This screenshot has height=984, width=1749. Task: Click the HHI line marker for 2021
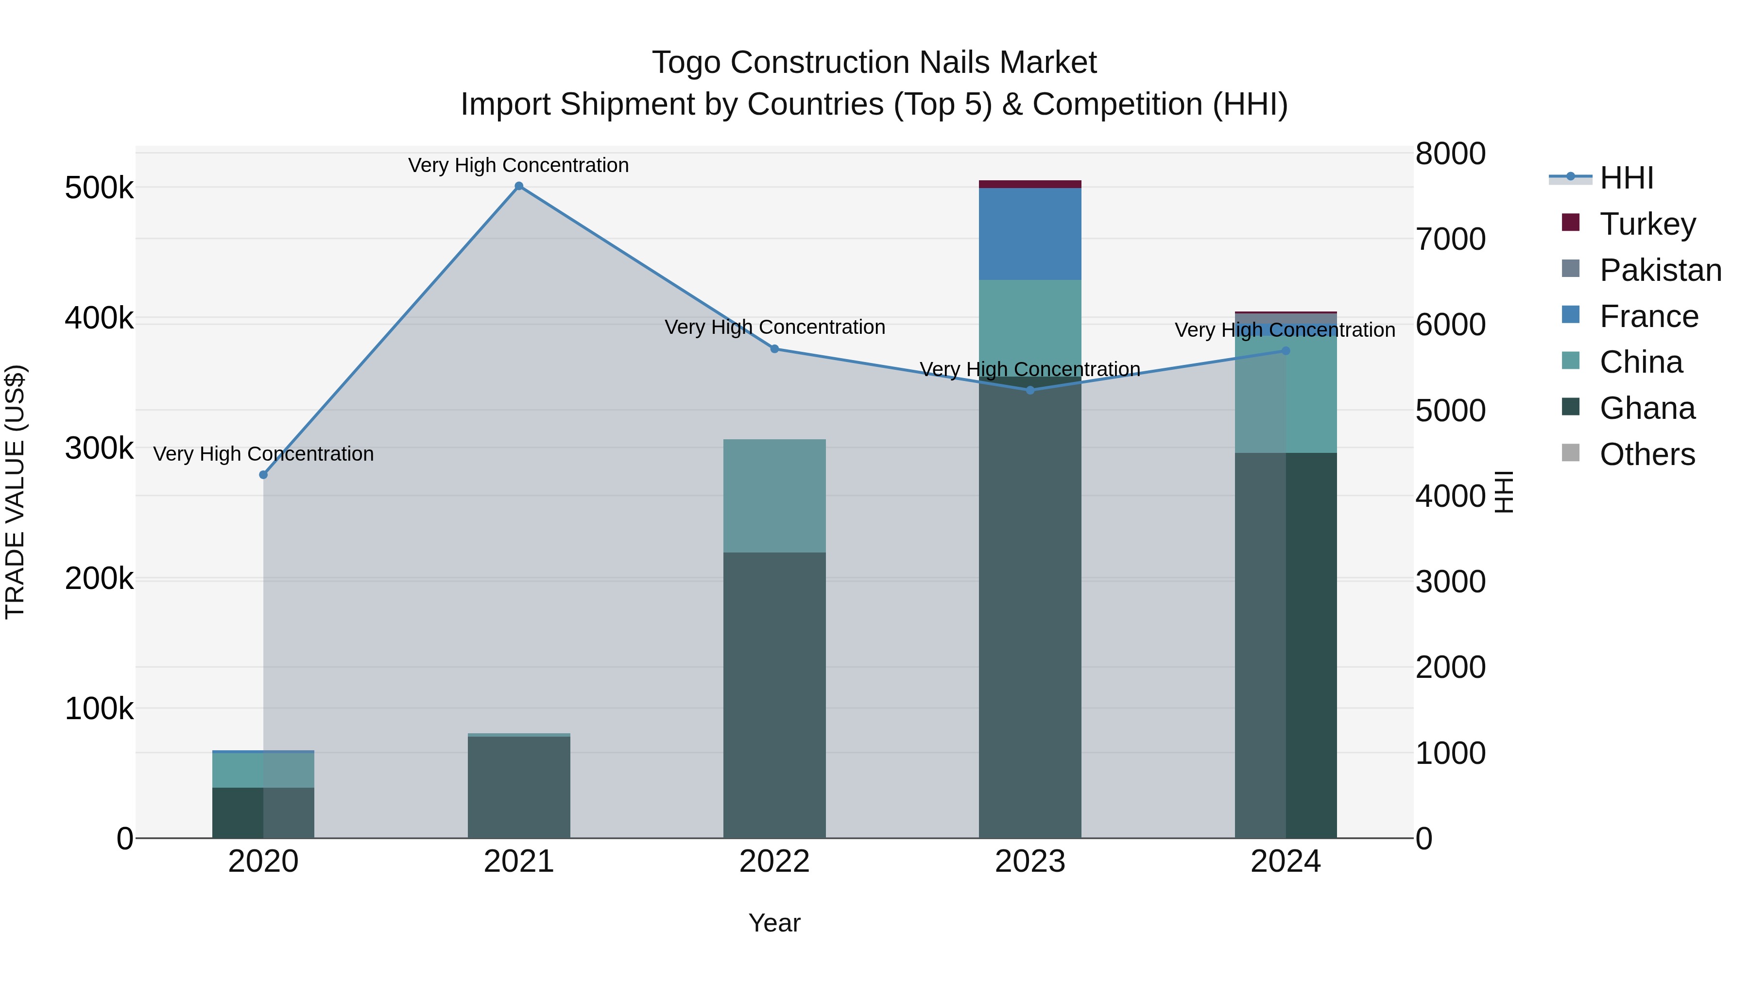pos(519,186)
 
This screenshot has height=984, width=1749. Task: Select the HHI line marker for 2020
pos(263,475)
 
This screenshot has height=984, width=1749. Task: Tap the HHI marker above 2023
pos(1030,391)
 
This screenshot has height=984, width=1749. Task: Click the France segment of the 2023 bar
pos(1030,234)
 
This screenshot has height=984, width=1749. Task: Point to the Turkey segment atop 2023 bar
pos(1030,184)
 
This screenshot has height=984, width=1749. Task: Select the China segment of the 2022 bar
pos(774,496)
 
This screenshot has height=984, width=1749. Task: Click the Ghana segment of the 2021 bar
pos(519,788)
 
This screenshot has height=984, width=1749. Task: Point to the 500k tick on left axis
pos(99,188)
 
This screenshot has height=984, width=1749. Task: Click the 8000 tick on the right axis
pos(1450,154)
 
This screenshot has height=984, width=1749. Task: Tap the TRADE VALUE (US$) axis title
pos(15,492)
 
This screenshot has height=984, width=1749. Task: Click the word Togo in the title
pos(686,63)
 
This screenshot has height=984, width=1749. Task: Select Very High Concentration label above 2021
pos(519,165)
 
